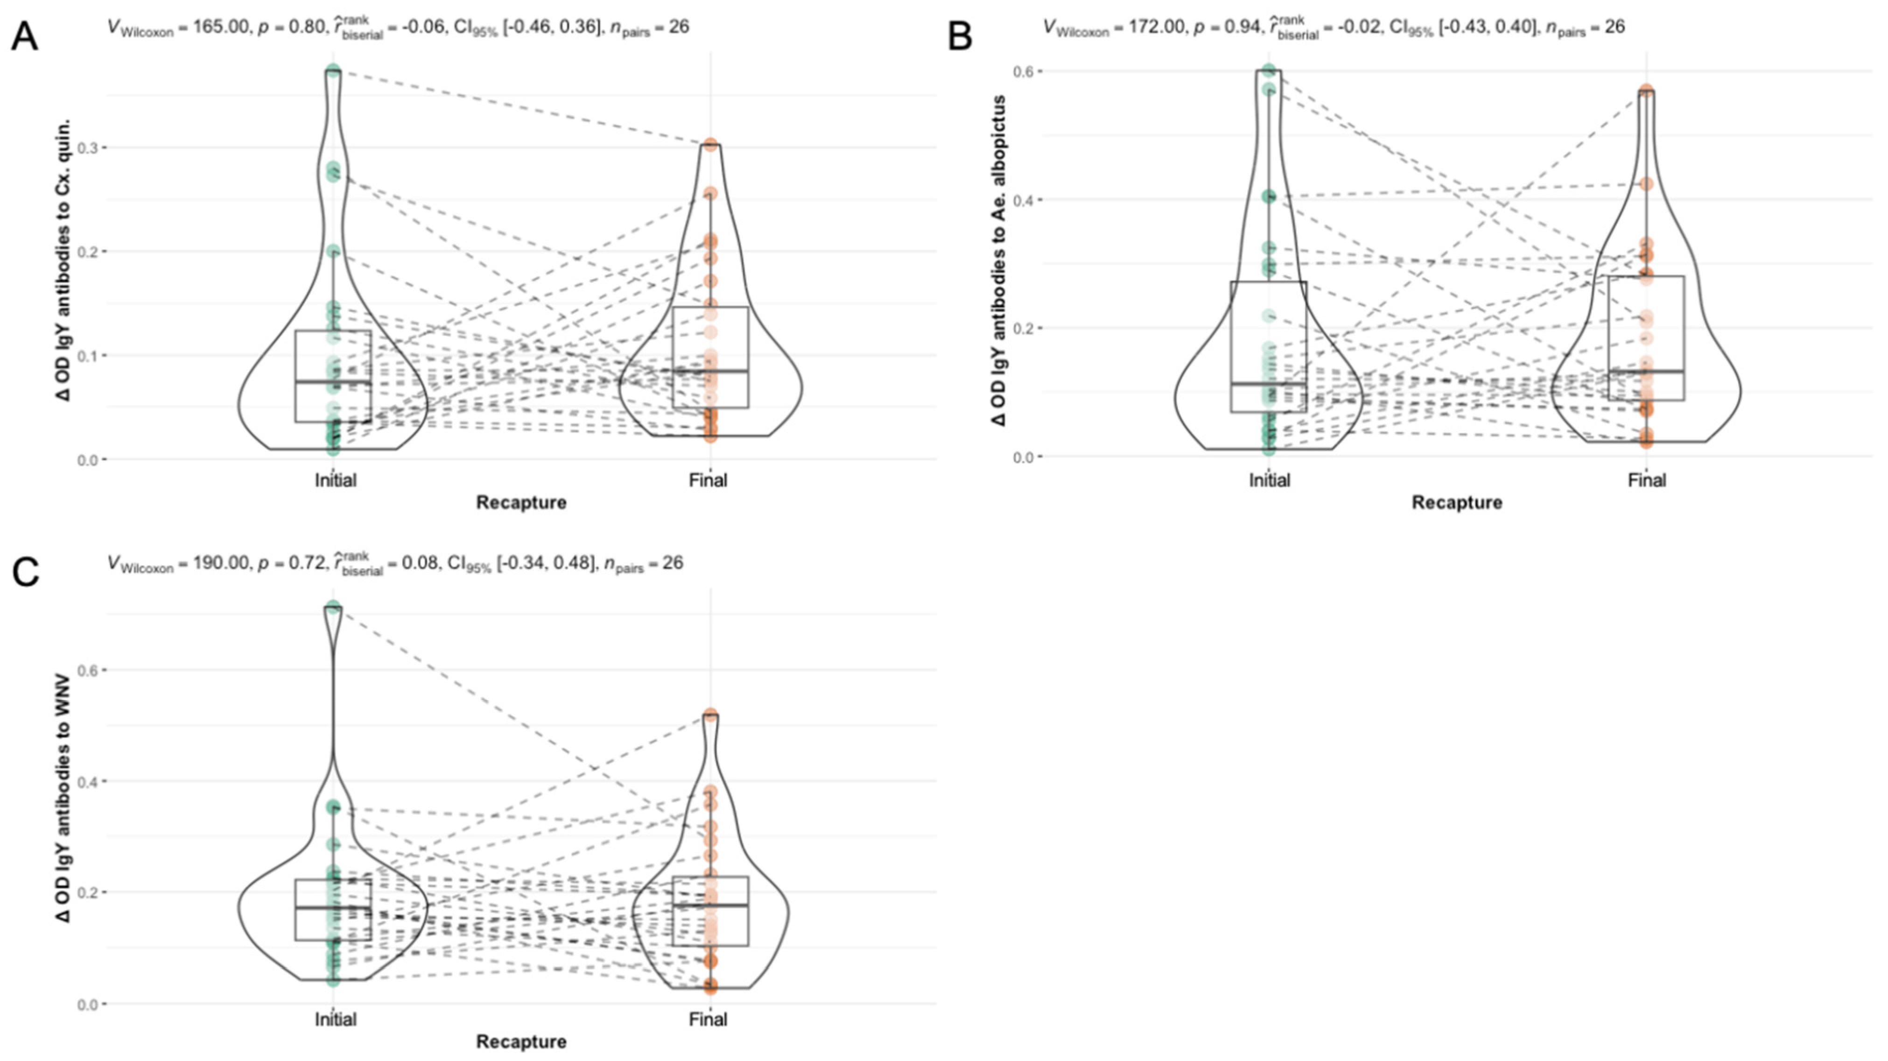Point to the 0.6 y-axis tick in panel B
[1023, 71]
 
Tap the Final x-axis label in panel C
[708, 1019]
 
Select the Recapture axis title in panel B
[1457, 503]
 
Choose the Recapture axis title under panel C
[521, 1041]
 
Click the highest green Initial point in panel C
[333, 607]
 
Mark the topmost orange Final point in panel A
[710, 144]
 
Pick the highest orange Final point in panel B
[1646, 91]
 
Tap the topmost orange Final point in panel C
[710, 714]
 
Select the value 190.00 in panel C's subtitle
[218, 563]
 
